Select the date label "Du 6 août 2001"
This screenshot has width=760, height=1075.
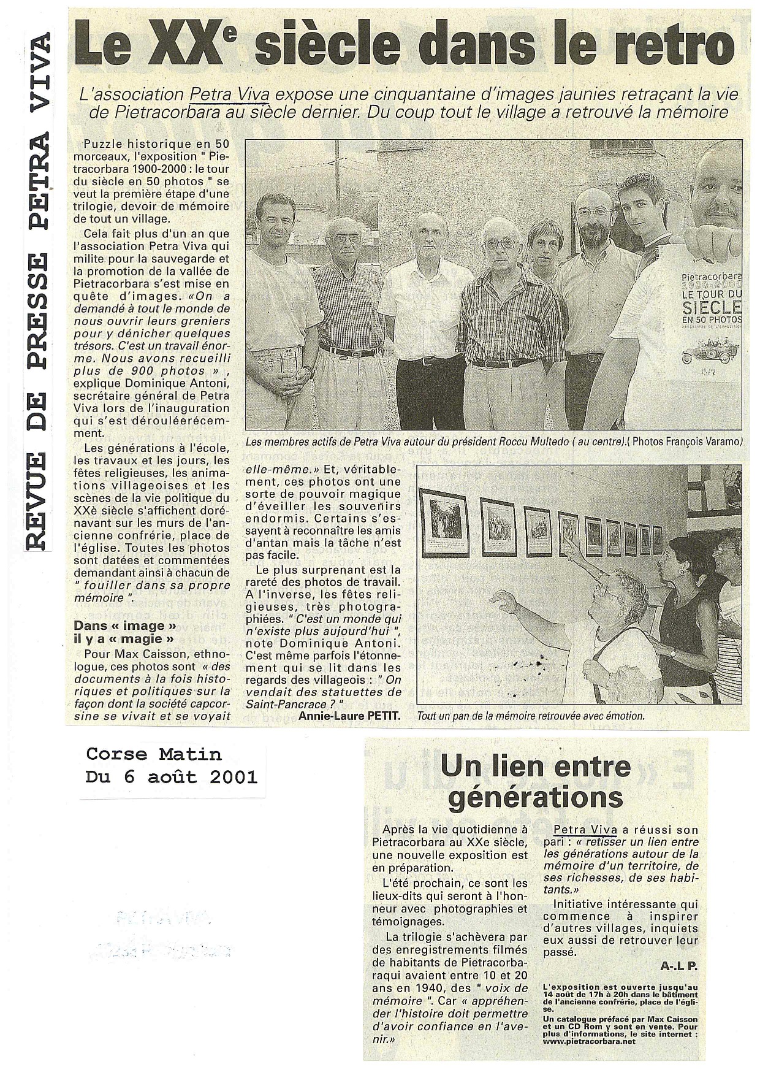172,777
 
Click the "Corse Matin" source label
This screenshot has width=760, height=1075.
154,754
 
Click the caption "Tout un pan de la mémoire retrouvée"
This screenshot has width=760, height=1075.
530,716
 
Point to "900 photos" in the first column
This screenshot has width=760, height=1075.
164,370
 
